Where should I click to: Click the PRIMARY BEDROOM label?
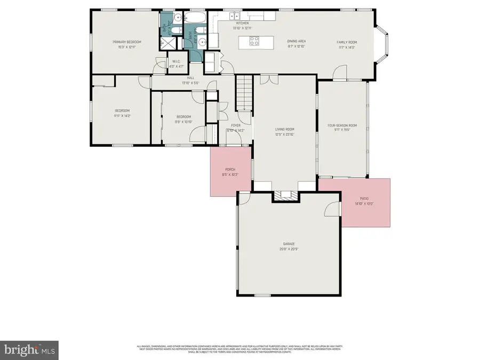tap(126, 42)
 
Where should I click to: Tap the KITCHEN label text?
tap(243, 23)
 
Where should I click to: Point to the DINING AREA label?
tap(297, 42)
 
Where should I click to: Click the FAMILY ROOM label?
tap(346, 42)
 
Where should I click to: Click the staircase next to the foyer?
tap(244, 92)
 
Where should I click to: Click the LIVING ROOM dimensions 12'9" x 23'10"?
tap(284, 134)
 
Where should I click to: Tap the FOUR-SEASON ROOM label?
tap(342, 125)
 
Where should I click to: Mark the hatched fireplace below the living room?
tap(285, 196)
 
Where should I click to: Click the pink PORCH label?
tap(229, 170)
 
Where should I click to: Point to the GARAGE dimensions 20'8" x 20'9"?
tap(289, 249)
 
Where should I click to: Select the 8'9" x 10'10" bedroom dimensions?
tap(183, 121)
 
